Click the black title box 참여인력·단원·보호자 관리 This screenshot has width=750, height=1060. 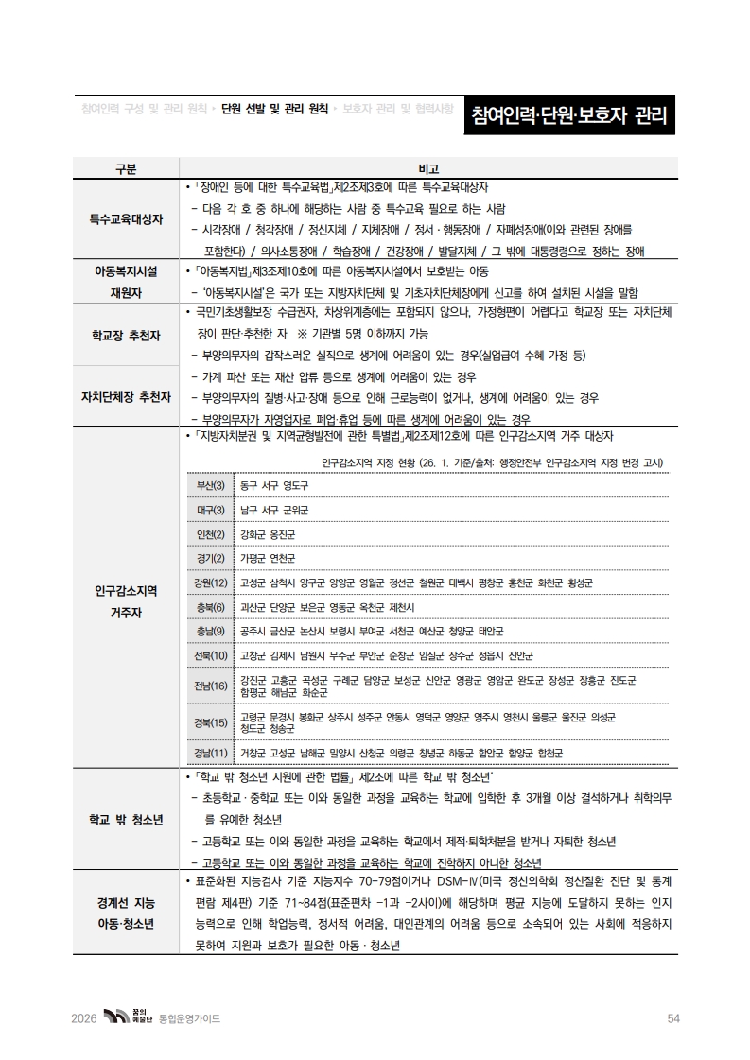[568, 118]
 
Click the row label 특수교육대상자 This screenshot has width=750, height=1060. [126, 218]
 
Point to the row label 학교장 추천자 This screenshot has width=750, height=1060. [126, 336]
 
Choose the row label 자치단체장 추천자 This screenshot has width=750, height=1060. [126, 396]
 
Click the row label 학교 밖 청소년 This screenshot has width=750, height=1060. [126, 818]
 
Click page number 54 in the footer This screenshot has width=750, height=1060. [673, 1018]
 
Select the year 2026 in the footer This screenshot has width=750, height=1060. [84, 1018]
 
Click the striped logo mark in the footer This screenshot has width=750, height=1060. [114, 1017]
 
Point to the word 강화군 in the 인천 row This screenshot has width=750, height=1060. [253, 534]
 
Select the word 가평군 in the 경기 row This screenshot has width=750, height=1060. [253, 558]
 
